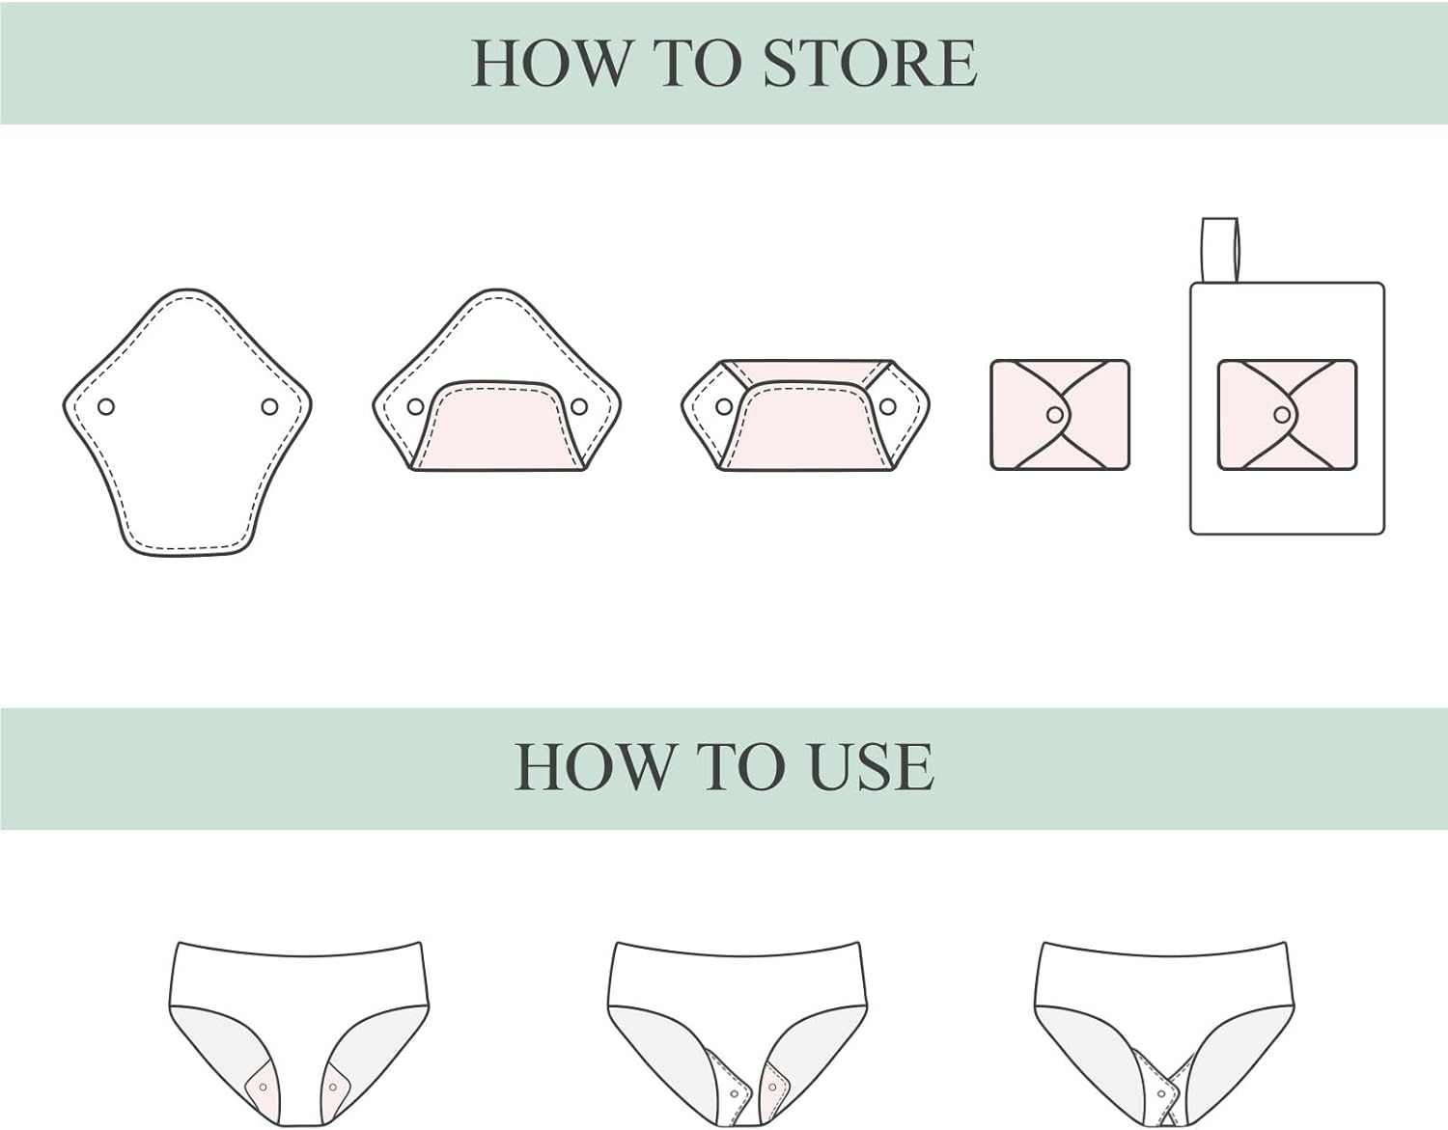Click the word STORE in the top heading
[x=870, y=64]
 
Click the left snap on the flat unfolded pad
[x=106, y=406]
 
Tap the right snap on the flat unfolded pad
[x=269, y=406]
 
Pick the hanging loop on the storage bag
[x=1220, y=250]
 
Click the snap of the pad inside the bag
[x=1281, y=415]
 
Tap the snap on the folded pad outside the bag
[x=1054, y=415]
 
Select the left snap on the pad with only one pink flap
[x=415, y=406]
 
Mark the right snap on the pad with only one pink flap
[x=579, y=406]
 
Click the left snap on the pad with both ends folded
[x=724, y=406]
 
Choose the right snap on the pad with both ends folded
[x=887, y=406]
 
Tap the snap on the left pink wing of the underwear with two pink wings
[x=263, y=1088]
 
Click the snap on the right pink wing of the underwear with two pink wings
[x=332, y=1088]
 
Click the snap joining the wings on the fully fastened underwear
[x=1161, y=1094]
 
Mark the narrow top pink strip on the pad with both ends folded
[x=806, y=371]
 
